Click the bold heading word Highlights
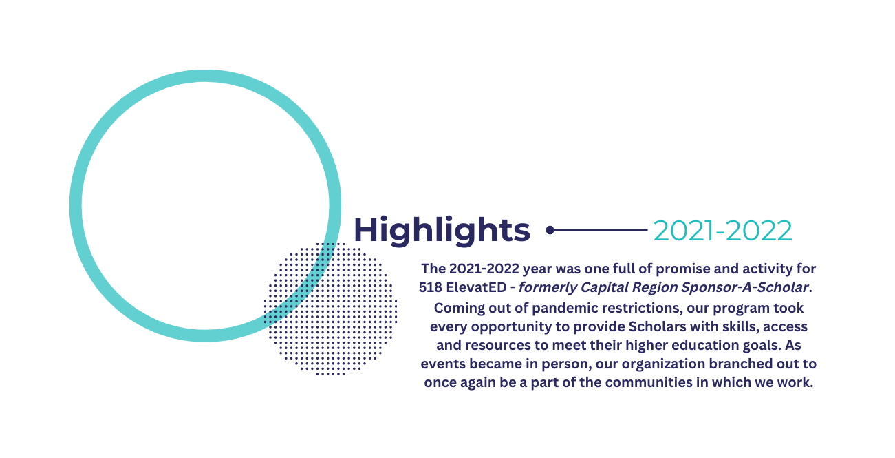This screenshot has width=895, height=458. (442, 230)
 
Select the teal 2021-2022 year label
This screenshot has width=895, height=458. (722, 231)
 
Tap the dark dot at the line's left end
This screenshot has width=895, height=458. (550, 230)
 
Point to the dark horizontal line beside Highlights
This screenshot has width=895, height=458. (599, 230)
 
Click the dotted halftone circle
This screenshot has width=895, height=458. (330, 309)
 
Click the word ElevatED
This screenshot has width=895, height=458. (476, 287)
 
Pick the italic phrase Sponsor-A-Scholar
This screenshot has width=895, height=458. (745, 287)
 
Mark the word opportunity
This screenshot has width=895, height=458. (520, 327)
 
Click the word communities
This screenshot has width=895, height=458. (646, 382)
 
